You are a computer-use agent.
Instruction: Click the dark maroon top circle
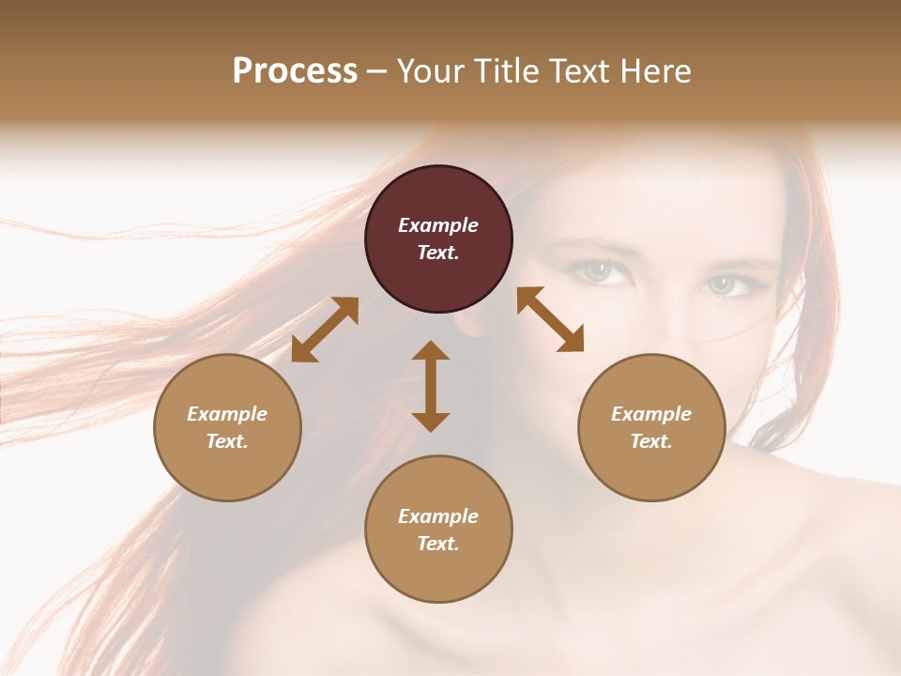point(438,239)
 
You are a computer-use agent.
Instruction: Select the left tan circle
point(227,427)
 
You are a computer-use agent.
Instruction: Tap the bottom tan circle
point(438,530)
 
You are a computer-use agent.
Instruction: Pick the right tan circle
point(651,427)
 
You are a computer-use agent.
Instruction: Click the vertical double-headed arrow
point(431,386)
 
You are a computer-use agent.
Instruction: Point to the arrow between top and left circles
point(325,330)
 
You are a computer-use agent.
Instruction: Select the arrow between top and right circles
point(551,319)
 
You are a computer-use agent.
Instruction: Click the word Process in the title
point(295,71)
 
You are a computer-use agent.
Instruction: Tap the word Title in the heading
point(512,71)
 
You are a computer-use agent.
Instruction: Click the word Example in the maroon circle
point(438,225)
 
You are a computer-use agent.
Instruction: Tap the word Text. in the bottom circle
point(438,544)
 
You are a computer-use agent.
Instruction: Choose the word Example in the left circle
point(227,414)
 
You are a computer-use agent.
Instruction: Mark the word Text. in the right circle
point(651,441)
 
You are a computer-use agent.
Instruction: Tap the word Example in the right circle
point(651,414)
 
